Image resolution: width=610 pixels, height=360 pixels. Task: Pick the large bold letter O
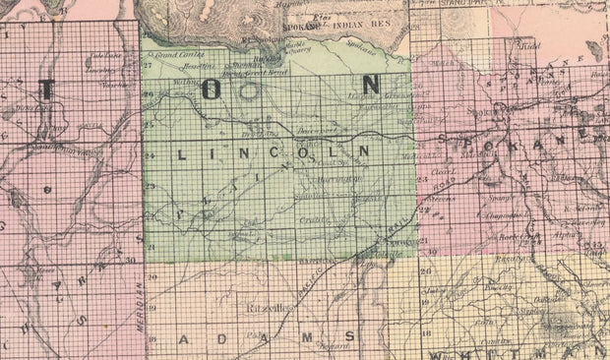click(x=213, y=89)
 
